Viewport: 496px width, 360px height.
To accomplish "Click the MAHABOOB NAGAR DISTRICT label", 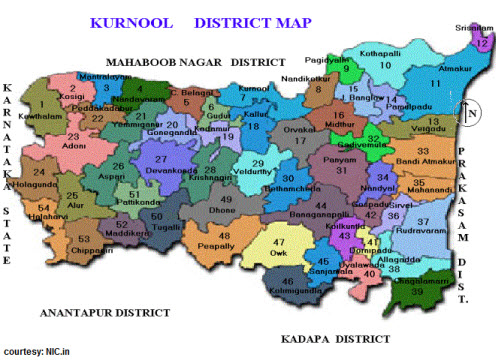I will coord(200,61).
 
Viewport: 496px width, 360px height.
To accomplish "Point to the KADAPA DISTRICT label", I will coord(335,339).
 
